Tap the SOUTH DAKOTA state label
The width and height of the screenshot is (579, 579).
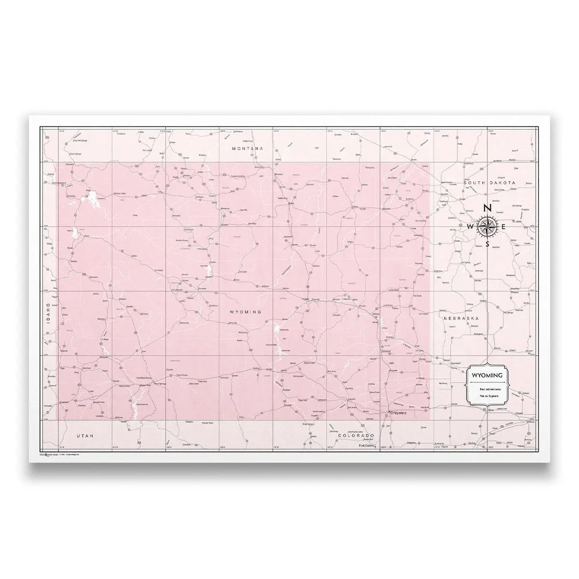tap(489, 183)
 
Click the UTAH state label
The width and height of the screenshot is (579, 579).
tap(84, 435)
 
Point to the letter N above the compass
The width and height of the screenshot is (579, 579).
tap(487, 208)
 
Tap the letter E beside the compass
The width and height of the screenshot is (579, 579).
tap(504, 227)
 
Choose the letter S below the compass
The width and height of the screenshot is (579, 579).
tap(488, 244)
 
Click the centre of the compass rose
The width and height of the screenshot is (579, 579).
tap(487, 226)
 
